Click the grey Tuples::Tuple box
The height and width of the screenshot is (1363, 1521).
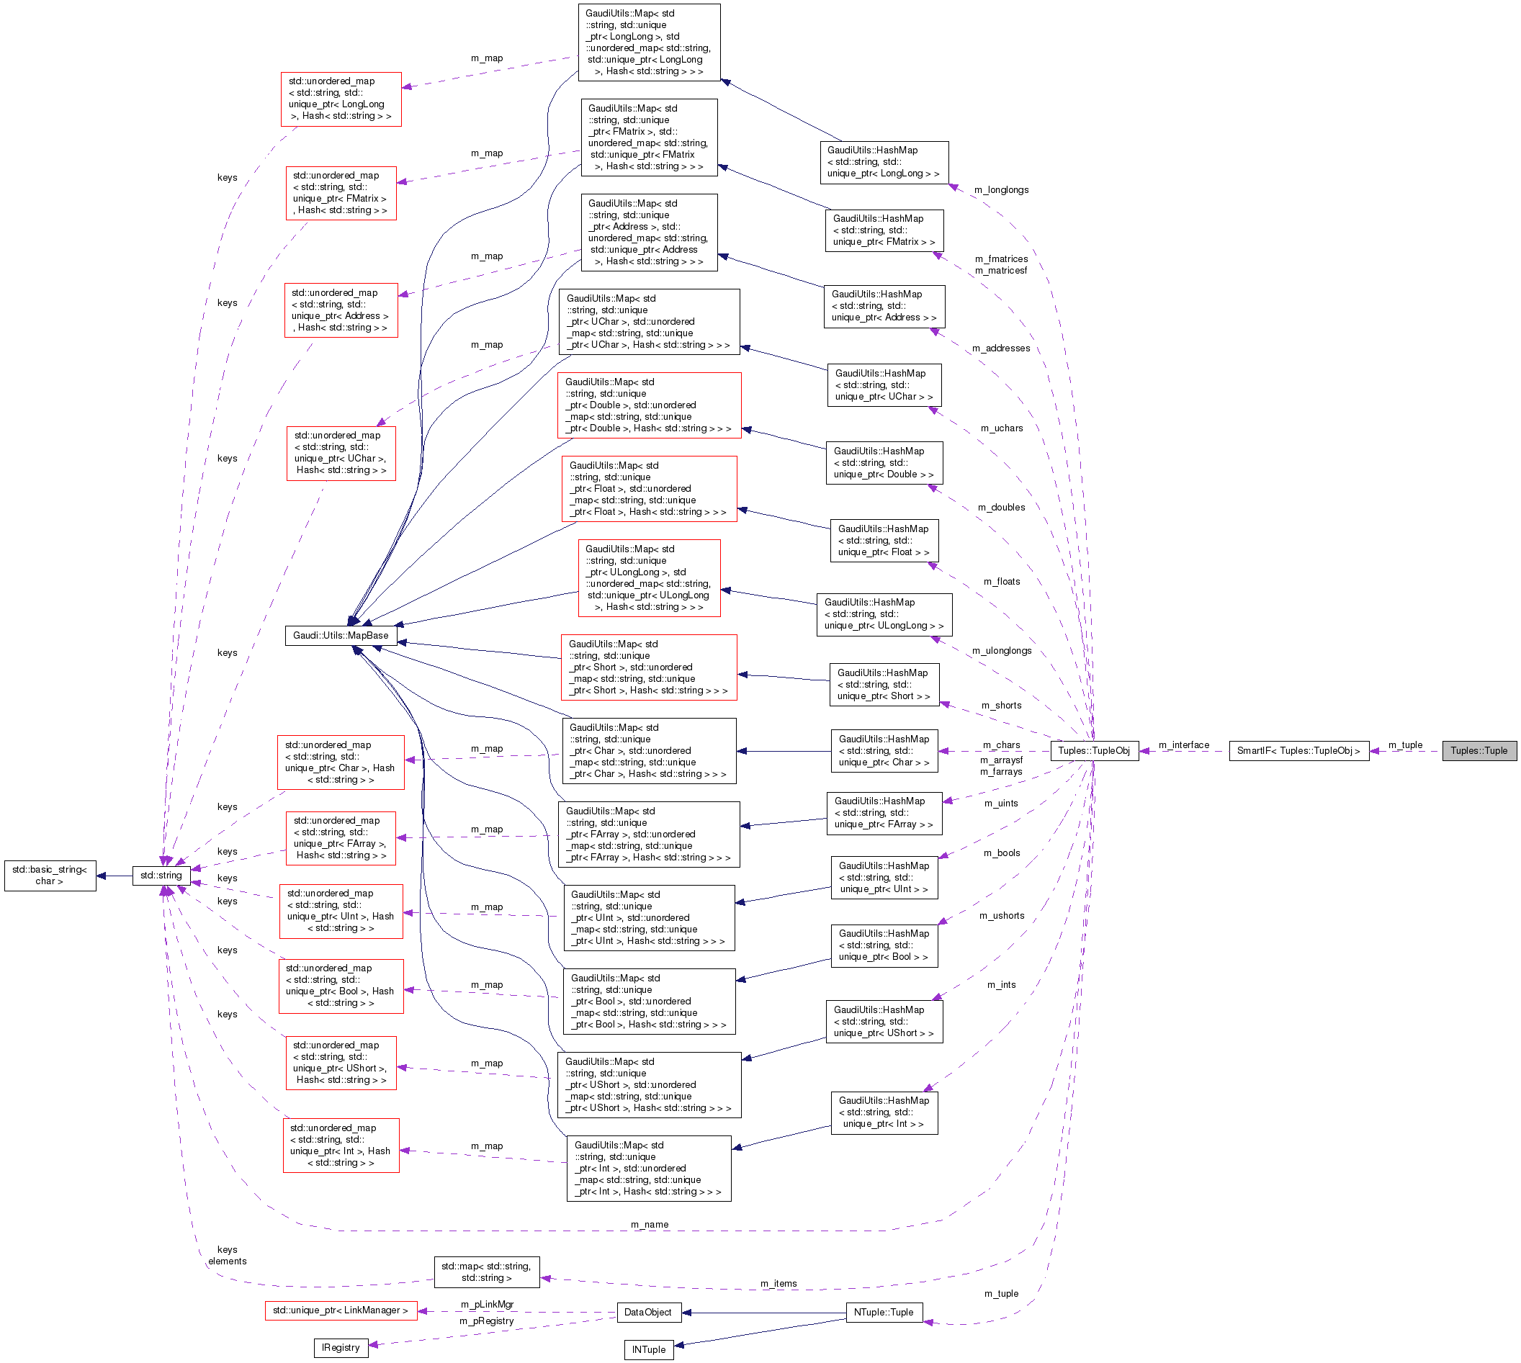pyautogui.click(x=1479, y=750)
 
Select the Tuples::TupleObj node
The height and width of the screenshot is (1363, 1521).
pyautogui.click(x=1093, y=750)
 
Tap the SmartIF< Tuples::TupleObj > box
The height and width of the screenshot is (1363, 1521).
pyautogui.click(x=1298, y=750)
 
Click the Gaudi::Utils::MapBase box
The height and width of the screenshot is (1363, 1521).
pyautogui.click(x=340, y=635)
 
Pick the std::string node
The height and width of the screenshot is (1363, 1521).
pyautogui.click(x=161, y=875)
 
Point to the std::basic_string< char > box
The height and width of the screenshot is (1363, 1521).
pyautogui.click(x=50, y=875)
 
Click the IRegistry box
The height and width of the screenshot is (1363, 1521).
pyautogui.click(x=340, y=1347)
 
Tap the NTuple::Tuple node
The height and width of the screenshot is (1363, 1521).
pyautogui.click(x=884, y=1312)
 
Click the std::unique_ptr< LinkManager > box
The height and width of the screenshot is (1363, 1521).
pyautogui.click(x=340, y=1310)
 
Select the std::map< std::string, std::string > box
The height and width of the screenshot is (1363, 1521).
pyautogui.click(x=486, y=1272)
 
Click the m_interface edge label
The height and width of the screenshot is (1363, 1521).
pyautogui.click(x=1183, y=745)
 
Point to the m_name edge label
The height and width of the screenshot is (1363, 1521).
pyautogui.click(x=650, y=1225)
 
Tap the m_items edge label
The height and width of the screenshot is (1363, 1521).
pyautogui.click(x=778, y=1284)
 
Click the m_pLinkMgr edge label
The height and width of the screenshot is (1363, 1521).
pyautogui.click(x=487, y=1304)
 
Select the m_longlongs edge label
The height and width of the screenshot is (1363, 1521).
pyautogui.click(x=1001, y=189)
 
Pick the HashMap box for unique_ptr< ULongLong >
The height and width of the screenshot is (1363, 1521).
pyautogui.click(x=884, y=614)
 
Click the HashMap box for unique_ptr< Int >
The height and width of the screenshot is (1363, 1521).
pyautogui.click(x=884, y=1112)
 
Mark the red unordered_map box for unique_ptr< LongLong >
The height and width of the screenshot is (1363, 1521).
pyautogui.click(x=341, y=99)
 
